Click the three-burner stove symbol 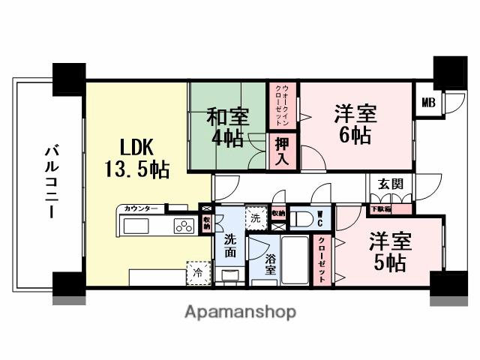coord(184,226)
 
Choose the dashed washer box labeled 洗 coord(255,218)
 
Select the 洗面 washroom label coord(231,246)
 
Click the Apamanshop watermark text coord(240,311)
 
